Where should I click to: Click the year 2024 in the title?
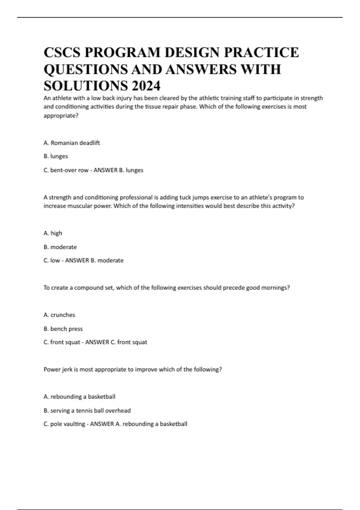click(x=146, y=86)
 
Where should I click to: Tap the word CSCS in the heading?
click(x=62, y=52)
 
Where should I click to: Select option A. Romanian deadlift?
click(x=72, y=143)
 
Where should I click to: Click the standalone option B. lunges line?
click(x=56, y=156)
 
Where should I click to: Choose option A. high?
click(x=53, y=233)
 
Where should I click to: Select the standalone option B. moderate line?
click(x=60, y=247)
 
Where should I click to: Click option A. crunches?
click(x=59, y=315)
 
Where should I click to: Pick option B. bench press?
click(x=63, y=328)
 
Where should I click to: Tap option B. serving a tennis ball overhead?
click(x=87, y=410)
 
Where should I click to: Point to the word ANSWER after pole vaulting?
click(x=102, y=424)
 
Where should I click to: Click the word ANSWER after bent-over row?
click(x=106, y=170)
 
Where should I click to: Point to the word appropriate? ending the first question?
click(x=61, y=116)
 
